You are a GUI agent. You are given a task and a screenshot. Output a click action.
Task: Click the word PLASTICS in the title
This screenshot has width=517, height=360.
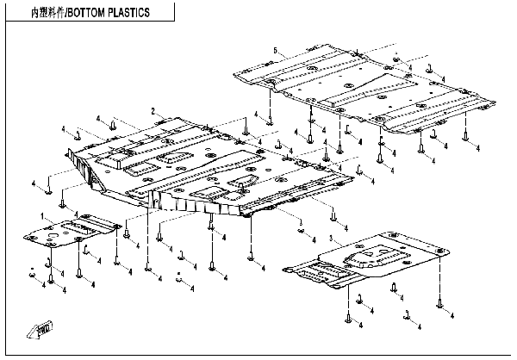click(128, 14)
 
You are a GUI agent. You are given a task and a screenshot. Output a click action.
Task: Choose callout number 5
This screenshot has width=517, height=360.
click(274, 53)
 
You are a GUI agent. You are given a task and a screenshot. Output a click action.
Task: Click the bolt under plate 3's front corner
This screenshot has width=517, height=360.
click(355, 317)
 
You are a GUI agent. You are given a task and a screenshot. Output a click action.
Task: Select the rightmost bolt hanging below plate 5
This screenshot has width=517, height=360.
click(465, 134)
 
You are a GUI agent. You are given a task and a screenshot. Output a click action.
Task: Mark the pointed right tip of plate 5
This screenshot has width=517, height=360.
click(493, 105)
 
